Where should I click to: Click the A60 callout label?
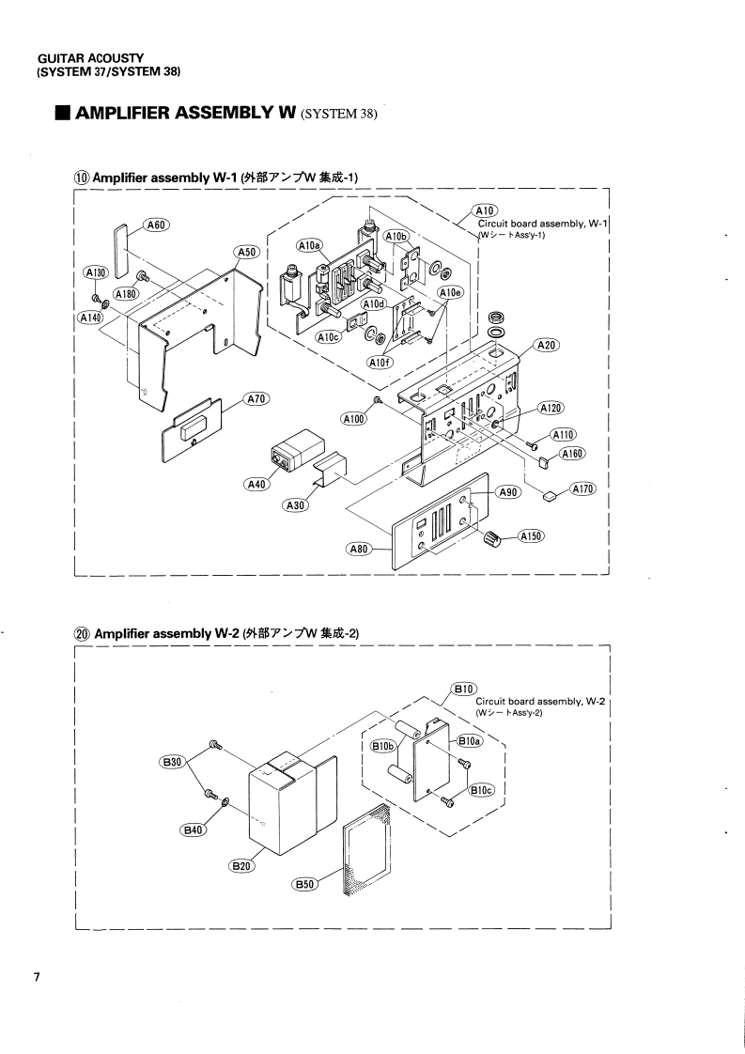pyautogui.click(x=156, y=225)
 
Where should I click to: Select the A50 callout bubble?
pyautogui.click(x=246, y=252)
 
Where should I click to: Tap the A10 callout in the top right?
pyautogui.click(x=484, y=209)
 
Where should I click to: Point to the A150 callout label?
pyautogui.click(x=532, y=536)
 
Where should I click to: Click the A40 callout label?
pyautogui.click(x=255, y=485)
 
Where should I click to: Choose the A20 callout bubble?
pyautogui.click(x=547, y=346)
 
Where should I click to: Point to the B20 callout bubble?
pyautogui.click(x=241, y=865)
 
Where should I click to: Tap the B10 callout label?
pyautogui.click(x=465, y=689)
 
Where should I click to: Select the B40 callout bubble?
pyautogui.click(x=194, y=829)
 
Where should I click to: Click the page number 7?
pyautogui.click(x=37, y=979)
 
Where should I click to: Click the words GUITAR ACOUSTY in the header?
pyautogui.click(x=77, y=58)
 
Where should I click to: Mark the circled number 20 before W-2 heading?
pyautogui.click(x=82, y=633)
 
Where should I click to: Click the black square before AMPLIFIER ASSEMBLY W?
pyautogui.click(x=62, y=116)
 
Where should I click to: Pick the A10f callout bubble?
pyautogui.click(x=381, y=364)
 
